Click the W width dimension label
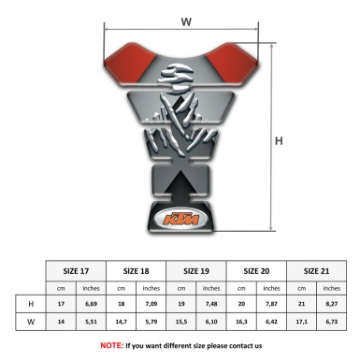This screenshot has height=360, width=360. click(x=185, y=20)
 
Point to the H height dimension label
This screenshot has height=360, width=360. click(x=278, y=141)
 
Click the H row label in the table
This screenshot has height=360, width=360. click(x=32, y=304)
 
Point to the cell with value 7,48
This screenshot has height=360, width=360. click(x=212, y=304)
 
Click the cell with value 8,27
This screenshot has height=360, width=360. click(x=332, y=304)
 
